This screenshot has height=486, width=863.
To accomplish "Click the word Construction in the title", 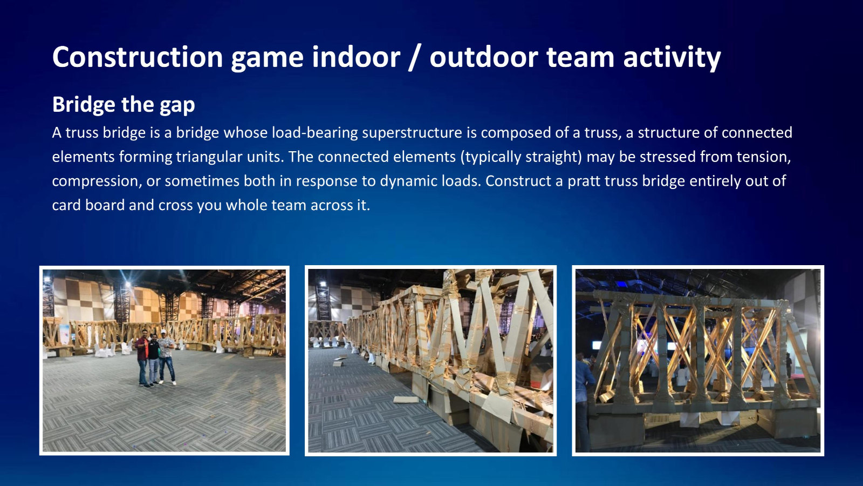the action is pyautogui.click(x=138, y=57).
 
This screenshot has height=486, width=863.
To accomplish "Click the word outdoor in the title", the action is pyautogui.click(x=483, y=57).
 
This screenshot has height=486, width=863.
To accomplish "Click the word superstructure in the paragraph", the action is pyautogui.click(x=412, y=133).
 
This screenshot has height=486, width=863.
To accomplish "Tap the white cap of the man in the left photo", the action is pyautogui.click(x=163, y=332).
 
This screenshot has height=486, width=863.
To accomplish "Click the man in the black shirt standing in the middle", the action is pyautogui.click(x=153, y=359).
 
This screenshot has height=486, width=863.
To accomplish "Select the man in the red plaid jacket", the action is pyautogui.click(x=142, y=358).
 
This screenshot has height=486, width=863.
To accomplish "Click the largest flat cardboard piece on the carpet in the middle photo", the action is pyautogui.click(x=406, y=400).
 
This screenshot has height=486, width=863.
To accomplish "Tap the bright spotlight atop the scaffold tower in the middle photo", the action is pyautogui.click(x=322, y=284).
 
